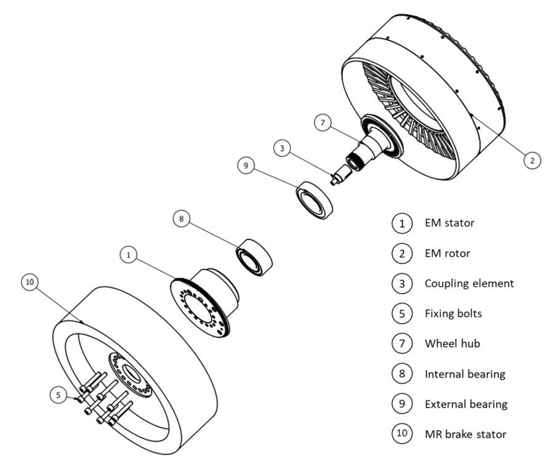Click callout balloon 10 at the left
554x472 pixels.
(x=30, y=282)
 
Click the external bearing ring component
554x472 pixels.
(x=315, y=197)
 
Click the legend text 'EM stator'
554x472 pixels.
(x=449, y=223)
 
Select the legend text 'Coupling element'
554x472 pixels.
(x=468, y=284)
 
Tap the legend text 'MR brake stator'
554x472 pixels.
(x=465, y=434)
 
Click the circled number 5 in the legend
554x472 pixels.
(x=402, y=314)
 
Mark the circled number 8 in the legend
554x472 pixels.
(x=402, y=374)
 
